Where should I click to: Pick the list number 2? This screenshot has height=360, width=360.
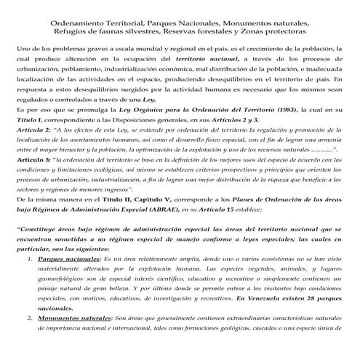27,340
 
